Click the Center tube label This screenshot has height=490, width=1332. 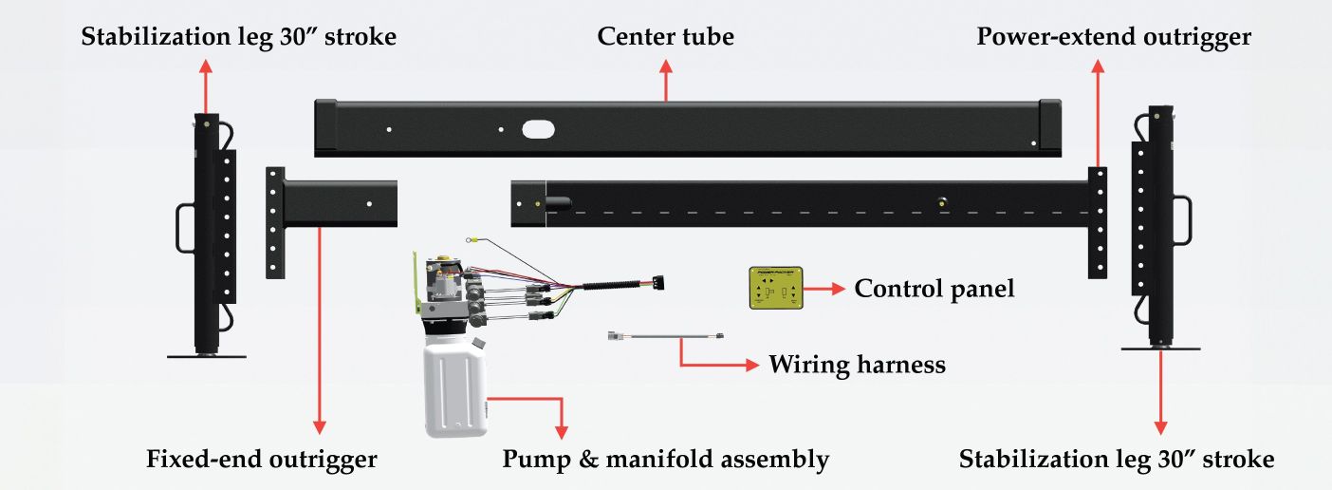coord(665,37)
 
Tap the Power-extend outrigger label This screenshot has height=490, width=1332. coord(1114,37)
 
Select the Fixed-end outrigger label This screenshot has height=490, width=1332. coord(262,461)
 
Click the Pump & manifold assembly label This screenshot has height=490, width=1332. coord(665,461)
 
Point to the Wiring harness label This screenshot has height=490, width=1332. coord(857,364)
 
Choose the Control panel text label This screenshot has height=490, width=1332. coord(934,288)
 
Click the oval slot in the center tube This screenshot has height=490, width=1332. coord(538,129)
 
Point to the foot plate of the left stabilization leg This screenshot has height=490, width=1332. coord(207,356)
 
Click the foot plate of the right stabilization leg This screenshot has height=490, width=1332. coord(1160,349)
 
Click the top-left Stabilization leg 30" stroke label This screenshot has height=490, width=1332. coord(238,37)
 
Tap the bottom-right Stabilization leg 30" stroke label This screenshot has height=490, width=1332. coord(1116,461)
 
